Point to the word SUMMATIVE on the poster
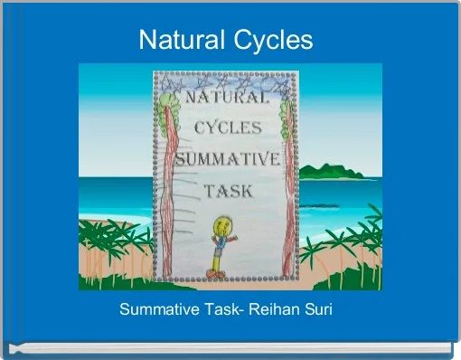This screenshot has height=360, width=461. (226, 160)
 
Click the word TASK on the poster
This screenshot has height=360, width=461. (228, 191)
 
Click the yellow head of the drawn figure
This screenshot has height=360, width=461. (220, 225)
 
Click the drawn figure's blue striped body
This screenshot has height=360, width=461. (218, 245)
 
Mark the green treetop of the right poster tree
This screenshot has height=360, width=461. (286, 113)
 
